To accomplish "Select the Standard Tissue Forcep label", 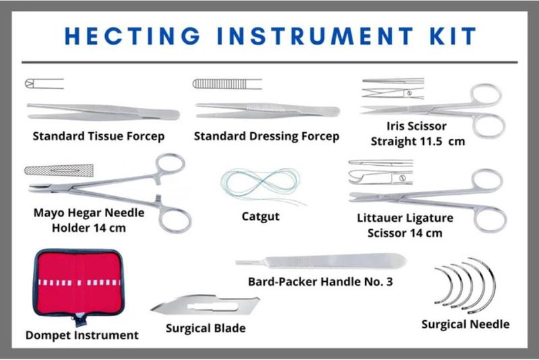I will (99, 136).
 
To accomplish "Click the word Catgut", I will (260, 217).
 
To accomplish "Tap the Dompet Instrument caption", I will (82, 335).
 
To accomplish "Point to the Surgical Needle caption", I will (465, 324).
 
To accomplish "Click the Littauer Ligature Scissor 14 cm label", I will (405, 225).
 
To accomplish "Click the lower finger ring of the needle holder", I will (175, 219).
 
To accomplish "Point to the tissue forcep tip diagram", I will (44, 84).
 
